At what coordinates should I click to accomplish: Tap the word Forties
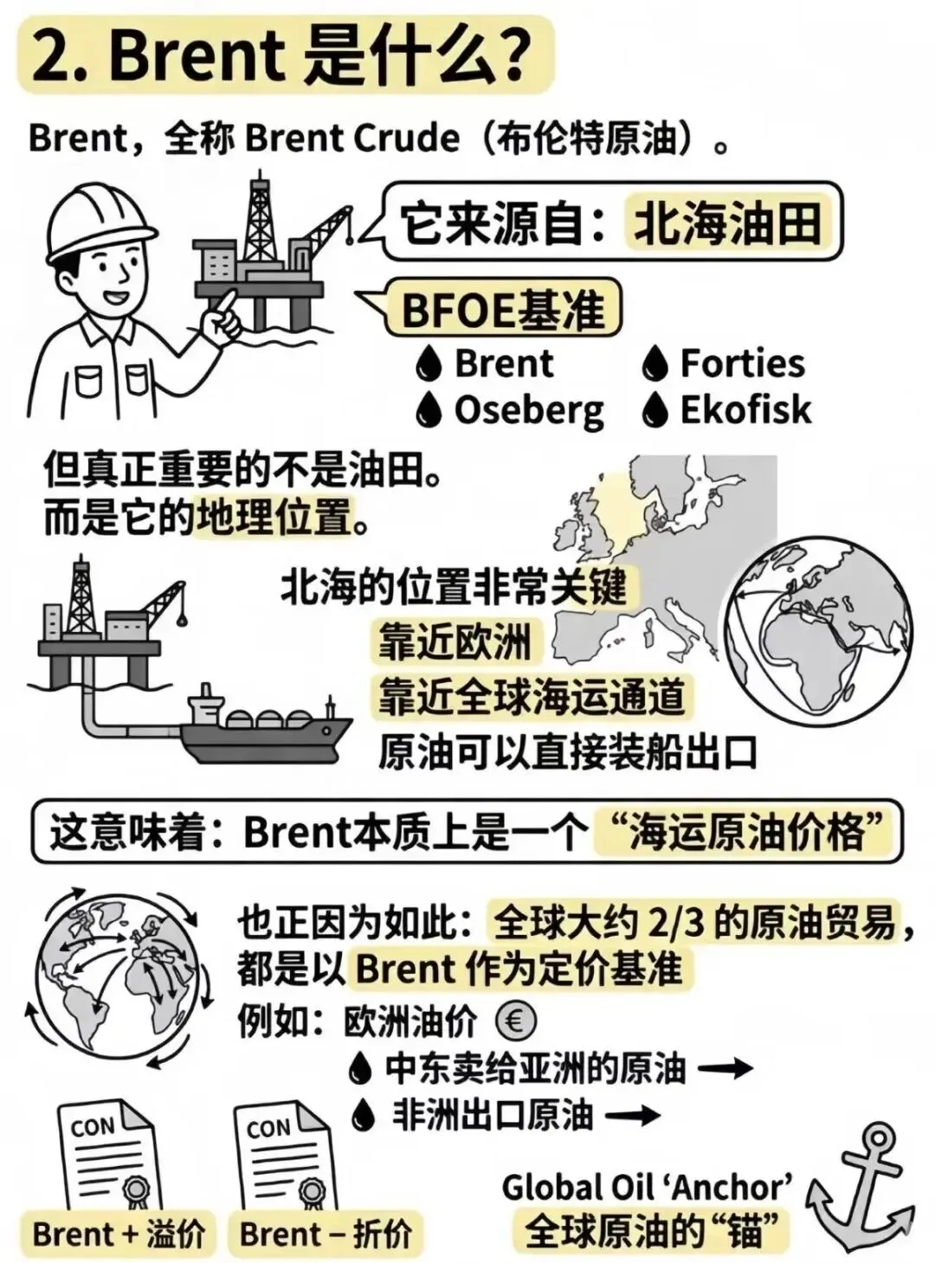tap(742, 364)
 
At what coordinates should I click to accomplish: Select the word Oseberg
tap(528, 410)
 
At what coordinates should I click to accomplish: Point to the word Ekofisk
tap(745, 410)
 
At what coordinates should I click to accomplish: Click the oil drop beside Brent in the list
tap(429, 364)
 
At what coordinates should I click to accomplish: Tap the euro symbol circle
tap(515, 1021)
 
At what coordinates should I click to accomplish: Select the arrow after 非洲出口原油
tap(633, 1116)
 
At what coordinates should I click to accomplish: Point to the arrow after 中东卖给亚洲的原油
tap(725, 1069)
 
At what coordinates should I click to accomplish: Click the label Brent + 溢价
tap(119, 1234)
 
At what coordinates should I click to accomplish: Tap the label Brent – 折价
tap(326, 1234)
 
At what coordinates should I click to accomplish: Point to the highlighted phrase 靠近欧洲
tap(454, 642)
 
